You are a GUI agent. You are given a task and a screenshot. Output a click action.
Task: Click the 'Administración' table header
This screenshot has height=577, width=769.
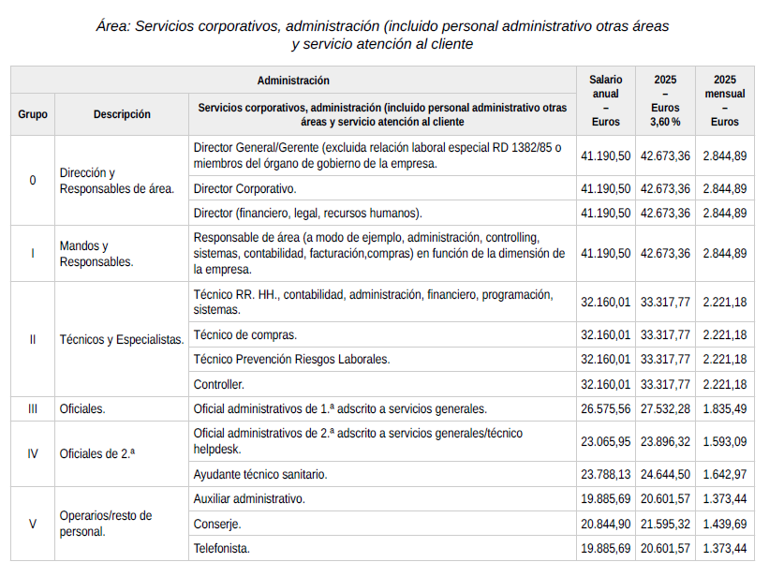pyautogui.click(x=293, y=81)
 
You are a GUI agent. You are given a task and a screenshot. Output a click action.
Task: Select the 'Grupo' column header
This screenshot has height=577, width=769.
pyautogui.click(x=33, y=114)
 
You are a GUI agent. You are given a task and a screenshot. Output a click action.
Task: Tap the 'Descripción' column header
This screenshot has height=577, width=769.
pyautogui.click(x=122, y=114)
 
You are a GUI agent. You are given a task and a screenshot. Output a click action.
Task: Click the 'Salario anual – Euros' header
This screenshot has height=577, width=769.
pyautogui.click(x=606, y=101)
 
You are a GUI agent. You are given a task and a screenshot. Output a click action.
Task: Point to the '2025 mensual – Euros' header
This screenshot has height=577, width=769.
pyautogui.click(x=724, y=101)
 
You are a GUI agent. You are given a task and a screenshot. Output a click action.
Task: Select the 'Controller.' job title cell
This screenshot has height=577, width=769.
pyautogui.click(x=218, y=384)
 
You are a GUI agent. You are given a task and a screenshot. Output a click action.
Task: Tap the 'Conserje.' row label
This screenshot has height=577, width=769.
pyautogui.click(x=217, y=524)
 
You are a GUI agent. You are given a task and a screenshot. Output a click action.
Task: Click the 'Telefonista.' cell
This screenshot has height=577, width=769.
pyautogui.click(x=221, y=548)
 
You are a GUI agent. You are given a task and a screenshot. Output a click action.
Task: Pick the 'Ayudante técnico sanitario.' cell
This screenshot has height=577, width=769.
pyautogui.click(x=260, y=475)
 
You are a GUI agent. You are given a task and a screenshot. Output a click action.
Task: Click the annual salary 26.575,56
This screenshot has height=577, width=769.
pyautogui.click(x=606, y=409)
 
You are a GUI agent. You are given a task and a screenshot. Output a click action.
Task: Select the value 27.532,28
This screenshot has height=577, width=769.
pyautogui.click(x=665, y=409)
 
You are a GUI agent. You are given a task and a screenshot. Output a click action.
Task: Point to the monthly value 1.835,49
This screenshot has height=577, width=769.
pyautogui.click(x=724, y=409)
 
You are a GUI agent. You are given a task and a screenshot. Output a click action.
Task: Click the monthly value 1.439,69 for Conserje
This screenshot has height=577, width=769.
pyautogui.click(x=724, y=524)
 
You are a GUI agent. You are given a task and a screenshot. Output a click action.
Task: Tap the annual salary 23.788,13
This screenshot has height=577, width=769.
pyautogui.click(x=606, y=475)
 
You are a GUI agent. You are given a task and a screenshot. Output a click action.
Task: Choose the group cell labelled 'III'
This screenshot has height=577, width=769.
pyautogui.click(x=33, y=409)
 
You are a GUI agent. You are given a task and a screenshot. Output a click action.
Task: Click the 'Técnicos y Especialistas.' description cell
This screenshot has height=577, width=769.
pyautogui.click(x=122, y=339)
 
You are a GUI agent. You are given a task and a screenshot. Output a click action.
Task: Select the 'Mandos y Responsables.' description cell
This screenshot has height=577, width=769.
pyautogui.click(x=96, y=254)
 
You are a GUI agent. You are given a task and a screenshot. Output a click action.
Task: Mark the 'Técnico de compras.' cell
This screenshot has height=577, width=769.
pyautogui.click(x=244, y=334)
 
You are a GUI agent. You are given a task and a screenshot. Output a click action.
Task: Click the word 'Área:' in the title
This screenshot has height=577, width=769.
pyautogui.click(x=112, y=26)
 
